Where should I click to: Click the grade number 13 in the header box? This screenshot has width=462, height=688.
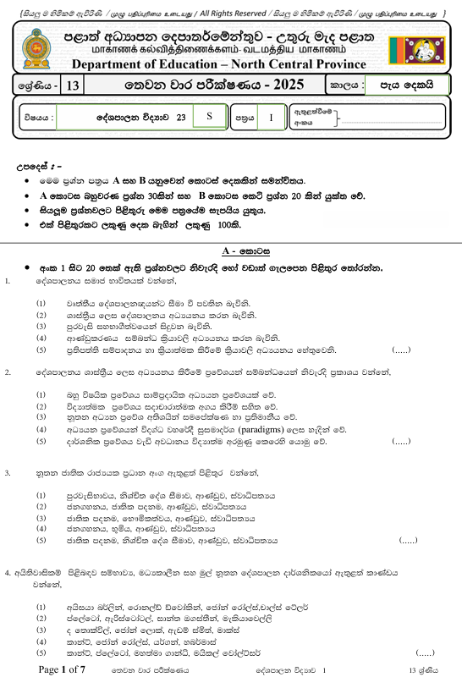pyautogui.click(x=72, y=85)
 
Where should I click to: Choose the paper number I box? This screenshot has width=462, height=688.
pyautogui.click(x=272, y=118)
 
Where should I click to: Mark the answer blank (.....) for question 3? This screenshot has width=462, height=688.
pyautogui.click(x=408, y=539)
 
